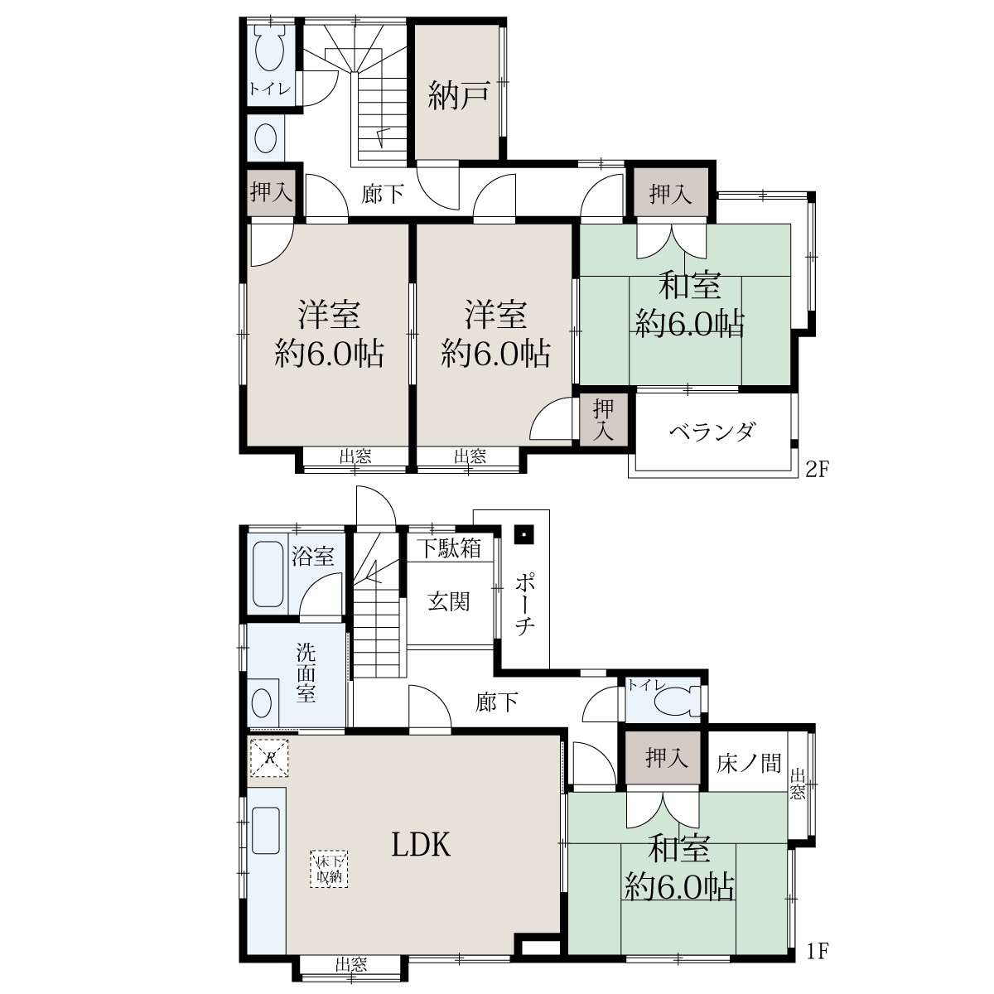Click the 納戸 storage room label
tap(458, 96)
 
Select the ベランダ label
tap(713, 432)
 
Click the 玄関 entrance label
tap(449, 601)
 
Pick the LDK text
tap(421, 845)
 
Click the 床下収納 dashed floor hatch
tap(329, 869)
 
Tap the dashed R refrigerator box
tap(268, 758)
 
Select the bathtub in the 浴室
tap(268, 573)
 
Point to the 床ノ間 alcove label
tap(749, 764)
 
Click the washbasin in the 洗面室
tap(261, 703)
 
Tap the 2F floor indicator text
tap(816, 470)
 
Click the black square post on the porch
tap(524, 534)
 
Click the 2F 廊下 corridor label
tap(382, 195)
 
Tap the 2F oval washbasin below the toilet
tap(266, 138)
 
